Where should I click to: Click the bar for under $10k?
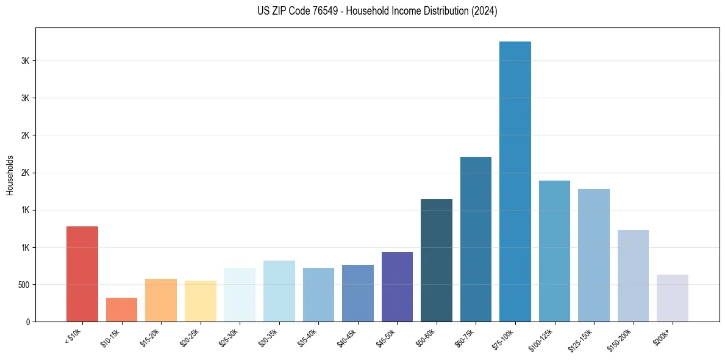[x=82, y=274]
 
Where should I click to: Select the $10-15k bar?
[x=121, y=309]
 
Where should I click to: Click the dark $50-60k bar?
[x=437, y=260]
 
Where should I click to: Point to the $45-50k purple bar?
[x=397, y=287]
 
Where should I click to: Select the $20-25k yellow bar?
[x=201, y=301]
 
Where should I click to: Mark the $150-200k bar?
[x=633, y=276]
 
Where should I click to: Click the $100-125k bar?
[x=554, y=251]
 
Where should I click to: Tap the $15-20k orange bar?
[x=161, y=300]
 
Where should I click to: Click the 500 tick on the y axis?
[x=24, y=285]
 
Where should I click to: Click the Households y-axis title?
[x=10, y=175]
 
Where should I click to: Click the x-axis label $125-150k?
[x=582, y=339]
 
